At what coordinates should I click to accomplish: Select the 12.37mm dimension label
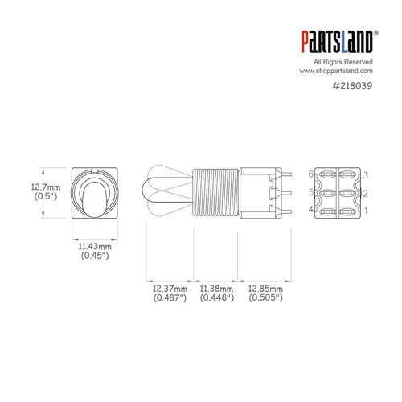(x=169, y=287)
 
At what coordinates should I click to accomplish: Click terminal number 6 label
(x=311, y=174)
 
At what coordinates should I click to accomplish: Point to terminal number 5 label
(x=311, y=193)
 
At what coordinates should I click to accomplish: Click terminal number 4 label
(x=311, y=211)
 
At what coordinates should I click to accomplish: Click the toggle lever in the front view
(x=95, y=196)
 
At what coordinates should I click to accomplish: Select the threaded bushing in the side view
(x=215, y=193)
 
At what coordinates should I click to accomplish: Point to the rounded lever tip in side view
(x=150, y=193)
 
